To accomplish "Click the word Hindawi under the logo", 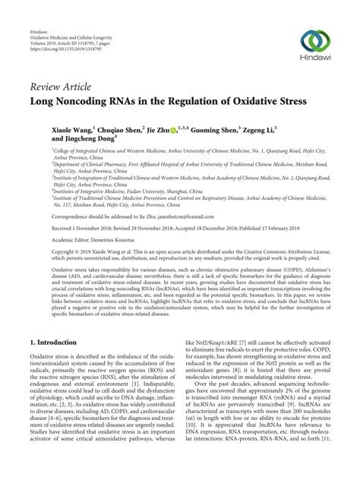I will [314, 60].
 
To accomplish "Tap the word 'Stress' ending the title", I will [289, 100].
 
